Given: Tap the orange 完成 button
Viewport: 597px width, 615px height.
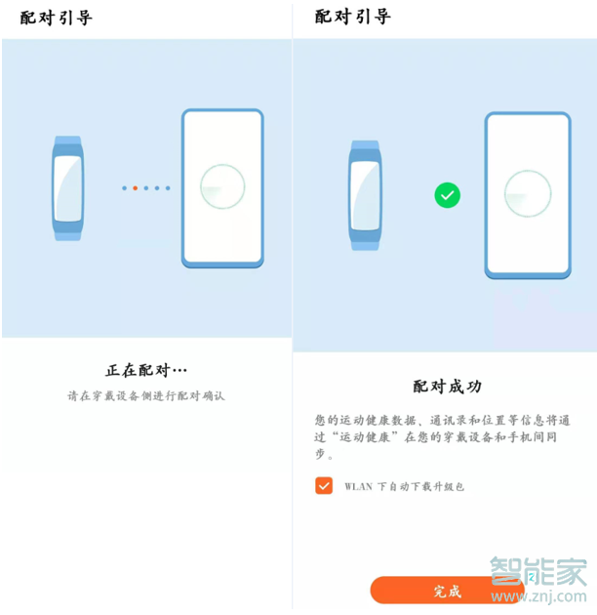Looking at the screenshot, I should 446,591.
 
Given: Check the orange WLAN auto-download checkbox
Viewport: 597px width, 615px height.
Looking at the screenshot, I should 324,485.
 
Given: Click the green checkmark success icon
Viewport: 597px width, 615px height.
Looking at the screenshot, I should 447,195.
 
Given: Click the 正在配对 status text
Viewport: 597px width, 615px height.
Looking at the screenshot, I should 145,371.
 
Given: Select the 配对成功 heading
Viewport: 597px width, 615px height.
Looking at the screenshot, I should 447,387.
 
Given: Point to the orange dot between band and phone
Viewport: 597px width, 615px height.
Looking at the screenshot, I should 135,187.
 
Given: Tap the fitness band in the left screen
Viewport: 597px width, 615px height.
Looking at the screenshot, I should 67,187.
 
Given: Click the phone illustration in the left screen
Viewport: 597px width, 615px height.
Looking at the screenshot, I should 222,187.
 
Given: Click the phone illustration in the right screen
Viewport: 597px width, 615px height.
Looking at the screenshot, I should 527,193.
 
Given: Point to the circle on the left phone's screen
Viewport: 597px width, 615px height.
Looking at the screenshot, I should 222,186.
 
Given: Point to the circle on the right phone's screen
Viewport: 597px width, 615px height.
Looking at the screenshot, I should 527,193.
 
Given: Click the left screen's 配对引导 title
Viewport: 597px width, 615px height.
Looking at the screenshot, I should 56,18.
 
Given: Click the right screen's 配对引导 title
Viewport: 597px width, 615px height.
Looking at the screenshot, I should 352,18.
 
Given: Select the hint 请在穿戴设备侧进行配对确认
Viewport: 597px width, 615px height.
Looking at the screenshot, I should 145,396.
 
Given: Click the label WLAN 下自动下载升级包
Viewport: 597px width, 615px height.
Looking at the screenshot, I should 404,486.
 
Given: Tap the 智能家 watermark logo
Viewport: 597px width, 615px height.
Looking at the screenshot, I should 538,572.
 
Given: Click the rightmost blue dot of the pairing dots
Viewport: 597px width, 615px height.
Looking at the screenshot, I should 168,187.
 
